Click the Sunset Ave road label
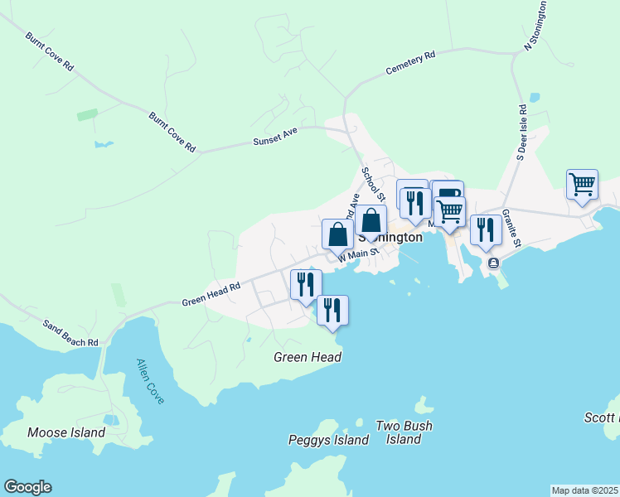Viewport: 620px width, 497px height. point(275,141)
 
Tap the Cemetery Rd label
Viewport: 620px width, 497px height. point(410,64)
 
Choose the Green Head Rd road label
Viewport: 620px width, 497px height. point(211,295)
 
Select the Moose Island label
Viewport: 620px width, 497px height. point(66,432)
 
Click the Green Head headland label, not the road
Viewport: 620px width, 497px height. point(308,357)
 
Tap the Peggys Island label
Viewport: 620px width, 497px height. point(328,440)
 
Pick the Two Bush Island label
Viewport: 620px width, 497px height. point(404,432)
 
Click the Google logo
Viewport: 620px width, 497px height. point(27,487)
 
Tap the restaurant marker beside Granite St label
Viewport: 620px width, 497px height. point(486,229)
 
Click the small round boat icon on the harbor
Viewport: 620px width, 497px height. point(494,263)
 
